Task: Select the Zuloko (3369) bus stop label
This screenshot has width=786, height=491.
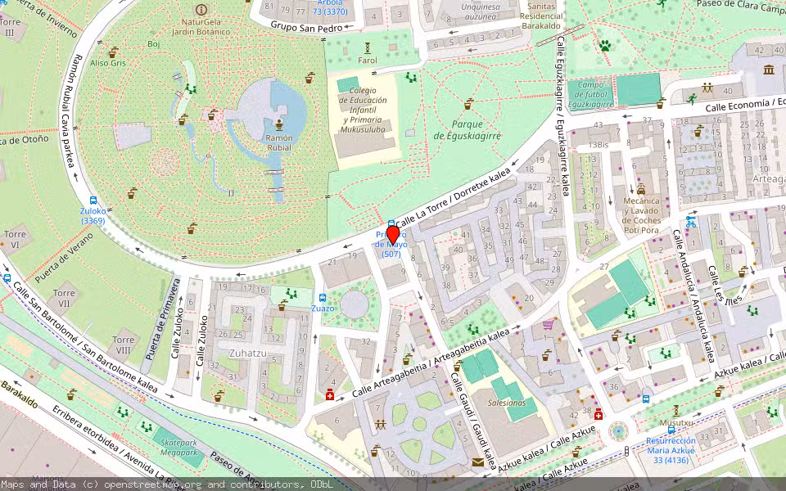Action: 93,215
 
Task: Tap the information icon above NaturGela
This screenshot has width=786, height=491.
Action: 201,9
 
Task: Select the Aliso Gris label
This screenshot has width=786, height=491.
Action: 108,62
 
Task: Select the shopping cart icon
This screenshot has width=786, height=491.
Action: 548,324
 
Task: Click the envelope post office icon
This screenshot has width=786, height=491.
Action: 478,462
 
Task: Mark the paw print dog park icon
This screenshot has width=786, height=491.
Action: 605,46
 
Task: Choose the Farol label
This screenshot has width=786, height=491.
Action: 368,60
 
